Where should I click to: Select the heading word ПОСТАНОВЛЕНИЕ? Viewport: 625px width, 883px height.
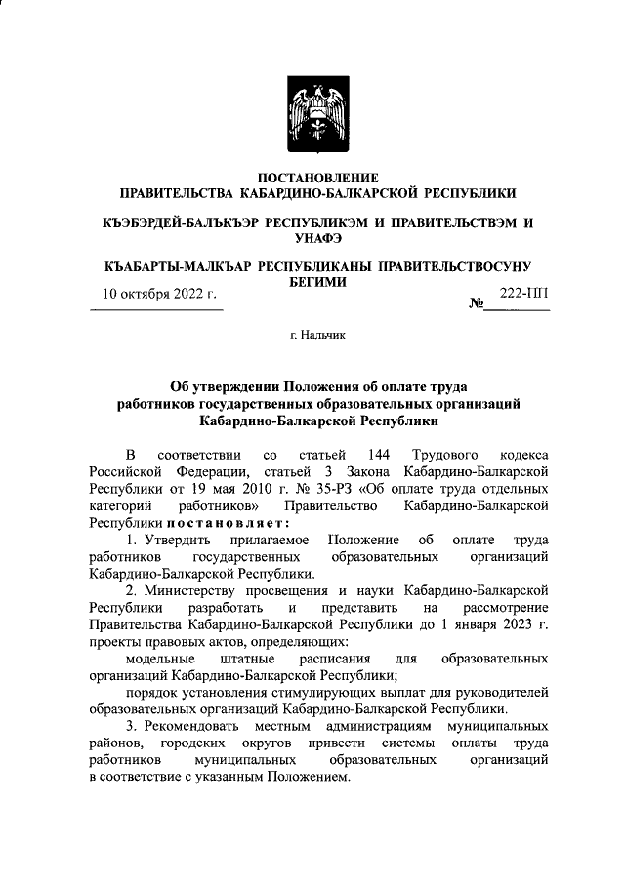pos(312,178)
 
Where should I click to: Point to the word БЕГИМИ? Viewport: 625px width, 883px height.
pos(312,281)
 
